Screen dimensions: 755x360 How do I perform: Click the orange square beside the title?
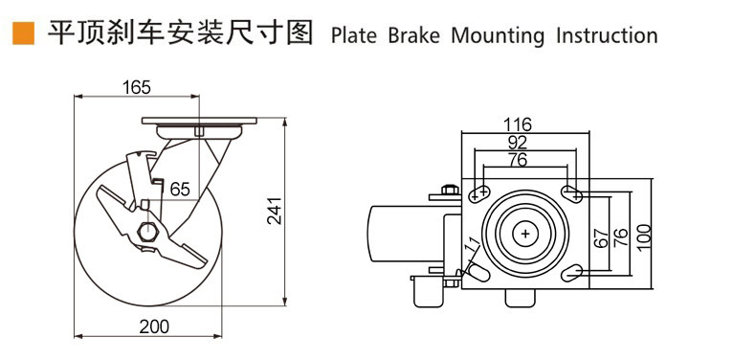pos(24,34)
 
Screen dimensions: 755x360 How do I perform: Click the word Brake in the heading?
pos(413,35)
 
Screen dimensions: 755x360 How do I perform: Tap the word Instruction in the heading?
pos(607,35)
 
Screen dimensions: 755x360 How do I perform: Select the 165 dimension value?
pos(136,87)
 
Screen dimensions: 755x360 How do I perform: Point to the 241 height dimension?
pos(275,211)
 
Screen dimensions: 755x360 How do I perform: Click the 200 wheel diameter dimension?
pos(154,326)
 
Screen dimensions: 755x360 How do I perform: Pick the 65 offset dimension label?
pos(179,190)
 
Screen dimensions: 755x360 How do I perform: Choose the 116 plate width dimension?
pos(517,124)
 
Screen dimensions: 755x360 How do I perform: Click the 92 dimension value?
pos(518,142)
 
